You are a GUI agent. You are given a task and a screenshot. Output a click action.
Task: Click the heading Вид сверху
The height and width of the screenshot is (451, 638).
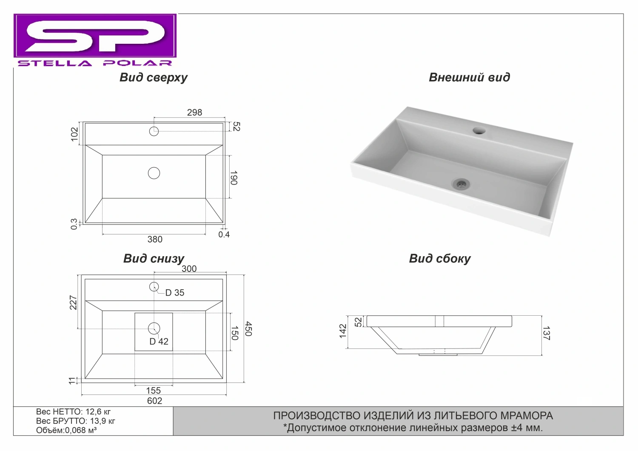[154, 77]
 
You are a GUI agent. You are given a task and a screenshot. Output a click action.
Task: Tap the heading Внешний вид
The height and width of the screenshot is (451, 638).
[470, 77]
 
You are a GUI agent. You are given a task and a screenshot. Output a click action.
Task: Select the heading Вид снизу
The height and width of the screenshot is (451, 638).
[154, 259]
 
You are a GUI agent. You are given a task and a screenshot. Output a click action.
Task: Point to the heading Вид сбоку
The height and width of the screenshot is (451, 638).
[440, 259]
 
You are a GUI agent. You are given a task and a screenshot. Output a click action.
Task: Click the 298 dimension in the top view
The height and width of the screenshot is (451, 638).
[194, 112]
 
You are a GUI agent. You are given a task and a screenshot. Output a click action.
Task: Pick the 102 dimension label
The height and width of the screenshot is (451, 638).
[74, 134]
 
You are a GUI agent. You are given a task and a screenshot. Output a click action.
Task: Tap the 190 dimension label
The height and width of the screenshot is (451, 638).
[234, 178]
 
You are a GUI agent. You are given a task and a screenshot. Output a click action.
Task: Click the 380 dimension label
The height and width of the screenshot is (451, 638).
[155, 239]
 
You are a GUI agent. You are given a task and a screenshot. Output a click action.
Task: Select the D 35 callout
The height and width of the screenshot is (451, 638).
[175, 293]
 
